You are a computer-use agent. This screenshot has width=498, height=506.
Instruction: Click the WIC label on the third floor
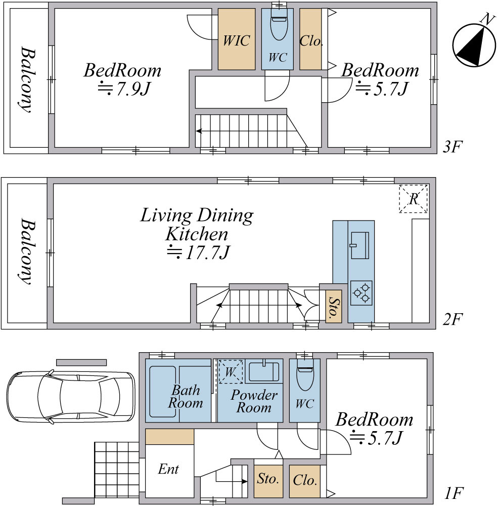click(x=237, y=40)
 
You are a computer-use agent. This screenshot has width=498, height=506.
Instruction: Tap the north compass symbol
click(x=474, y=45)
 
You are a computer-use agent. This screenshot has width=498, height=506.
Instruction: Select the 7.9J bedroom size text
click(x=124, y=89)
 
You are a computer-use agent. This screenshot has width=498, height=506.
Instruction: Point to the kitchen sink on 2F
click(x=360, y=245)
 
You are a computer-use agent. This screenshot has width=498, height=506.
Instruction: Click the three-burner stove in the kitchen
click(x=361, y=293)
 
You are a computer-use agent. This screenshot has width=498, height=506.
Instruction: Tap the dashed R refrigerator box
click(x=414, y=199)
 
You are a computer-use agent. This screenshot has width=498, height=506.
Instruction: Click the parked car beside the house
click(x=71, y=397)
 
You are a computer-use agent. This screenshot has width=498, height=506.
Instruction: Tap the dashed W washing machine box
click(x=231, y=371)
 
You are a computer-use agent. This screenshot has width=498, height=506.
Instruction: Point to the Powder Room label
click(x=254, y=401)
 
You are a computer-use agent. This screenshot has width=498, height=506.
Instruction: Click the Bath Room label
click(x=186, y=397)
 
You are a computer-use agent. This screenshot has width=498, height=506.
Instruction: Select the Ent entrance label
click(x=168, y=469)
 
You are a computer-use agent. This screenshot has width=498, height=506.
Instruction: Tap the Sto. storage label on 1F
click(x=268, y=478)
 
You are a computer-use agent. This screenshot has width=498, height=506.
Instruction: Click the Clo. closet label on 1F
click(x=305, y=480)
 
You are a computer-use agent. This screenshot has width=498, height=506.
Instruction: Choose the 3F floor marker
click(x=452, y=147)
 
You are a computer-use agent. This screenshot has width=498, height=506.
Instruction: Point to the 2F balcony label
click(x=27, y=251)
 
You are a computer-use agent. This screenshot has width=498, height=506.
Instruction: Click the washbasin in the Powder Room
click(x=263, y=371)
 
